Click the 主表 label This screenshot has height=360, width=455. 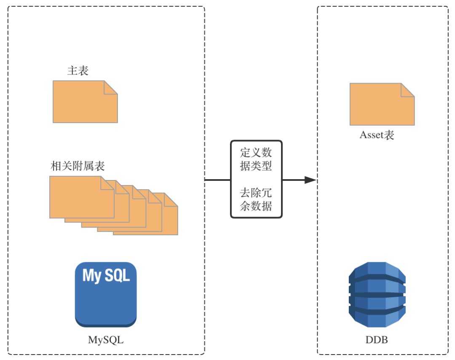(x=78, y=70)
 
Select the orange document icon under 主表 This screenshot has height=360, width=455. (x=85, y=102)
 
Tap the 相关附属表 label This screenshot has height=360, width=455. (x=78, y=166)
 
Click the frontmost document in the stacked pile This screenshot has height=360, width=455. (x=82, y=197)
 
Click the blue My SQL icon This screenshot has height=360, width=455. (x=106, y=294)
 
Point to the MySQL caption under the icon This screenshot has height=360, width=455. (x=106, y=340)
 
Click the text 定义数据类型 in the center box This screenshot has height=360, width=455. (x=256, y=159)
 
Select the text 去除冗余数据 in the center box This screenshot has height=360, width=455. (x=256, y=199)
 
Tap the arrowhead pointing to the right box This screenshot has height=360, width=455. (x=310, y=180)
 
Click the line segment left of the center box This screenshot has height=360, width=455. (x=218, y=180)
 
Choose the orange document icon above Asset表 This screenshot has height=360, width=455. (x=382, y=104)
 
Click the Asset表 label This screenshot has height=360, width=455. (x=377, y=135)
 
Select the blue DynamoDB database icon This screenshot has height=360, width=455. (x=377, y=294)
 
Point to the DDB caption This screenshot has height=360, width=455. (x=377, y=340)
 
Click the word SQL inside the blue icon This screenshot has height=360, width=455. (x=117, y=275)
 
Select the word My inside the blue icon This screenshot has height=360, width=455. (x=92, y=276)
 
